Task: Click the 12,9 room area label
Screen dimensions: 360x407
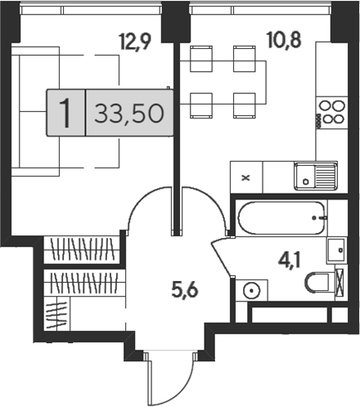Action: (x=136, y=41)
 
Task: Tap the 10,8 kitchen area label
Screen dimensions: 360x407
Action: (x=285, y=39)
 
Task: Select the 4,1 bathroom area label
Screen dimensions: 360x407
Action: (x=290, y=260)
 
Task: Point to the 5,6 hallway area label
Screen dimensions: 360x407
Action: (x=185, y=289)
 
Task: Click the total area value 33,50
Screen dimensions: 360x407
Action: (x=129, y=113)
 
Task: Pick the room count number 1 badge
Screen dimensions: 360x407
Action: (x=65, y=113)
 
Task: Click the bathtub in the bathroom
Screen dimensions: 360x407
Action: (x=282, y=218)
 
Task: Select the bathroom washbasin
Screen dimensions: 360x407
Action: (x=337, y=250)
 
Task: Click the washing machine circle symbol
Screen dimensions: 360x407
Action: (x=252, y=291)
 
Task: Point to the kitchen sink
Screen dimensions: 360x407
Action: (x=316, y=176)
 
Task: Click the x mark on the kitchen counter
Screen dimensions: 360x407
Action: (x=246, y=178)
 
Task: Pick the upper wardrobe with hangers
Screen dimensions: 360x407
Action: (x=83, y=249)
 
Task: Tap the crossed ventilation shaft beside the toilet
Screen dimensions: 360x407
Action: (x=340, y=283)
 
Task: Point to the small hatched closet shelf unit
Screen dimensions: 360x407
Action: (x=56, y=313)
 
